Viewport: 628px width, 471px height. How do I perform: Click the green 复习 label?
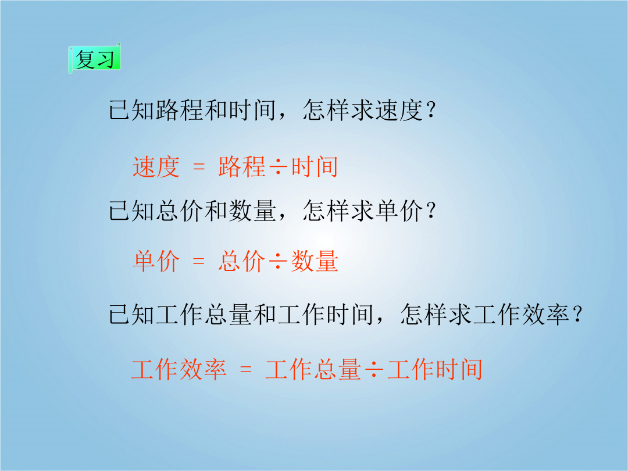95,59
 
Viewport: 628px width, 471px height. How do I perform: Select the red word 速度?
156,167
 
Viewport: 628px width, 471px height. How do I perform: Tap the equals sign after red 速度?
199,167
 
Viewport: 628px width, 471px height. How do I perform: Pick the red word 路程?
242,167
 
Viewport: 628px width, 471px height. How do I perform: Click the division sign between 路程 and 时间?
278,167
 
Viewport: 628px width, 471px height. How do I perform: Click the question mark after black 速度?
431,109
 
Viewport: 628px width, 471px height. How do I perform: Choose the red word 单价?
156,261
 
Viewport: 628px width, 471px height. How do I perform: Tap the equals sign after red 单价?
199,261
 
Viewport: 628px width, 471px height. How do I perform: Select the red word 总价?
242,261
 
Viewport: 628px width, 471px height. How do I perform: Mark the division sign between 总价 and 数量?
278,261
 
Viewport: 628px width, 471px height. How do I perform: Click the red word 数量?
315,261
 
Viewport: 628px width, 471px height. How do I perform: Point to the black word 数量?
252,210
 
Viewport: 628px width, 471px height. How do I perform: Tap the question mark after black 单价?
431,210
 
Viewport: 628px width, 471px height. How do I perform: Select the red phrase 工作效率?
179,369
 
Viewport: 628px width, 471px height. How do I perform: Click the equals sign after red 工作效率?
245,369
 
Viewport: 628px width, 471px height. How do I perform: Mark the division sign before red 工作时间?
374,369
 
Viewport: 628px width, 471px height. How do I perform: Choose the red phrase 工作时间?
435,369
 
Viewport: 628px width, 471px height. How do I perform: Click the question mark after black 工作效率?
577,314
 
